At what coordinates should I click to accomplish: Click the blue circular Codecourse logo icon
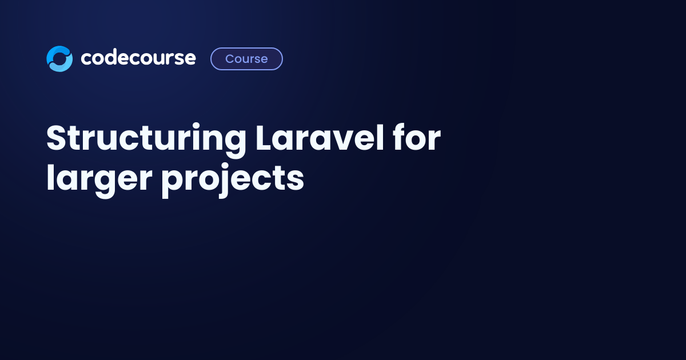coord(59,59)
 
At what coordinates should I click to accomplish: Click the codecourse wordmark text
coord(138,58)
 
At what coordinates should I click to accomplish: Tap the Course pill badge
coord(246,59)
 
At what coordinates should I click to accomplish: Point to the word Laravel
coord(320,138)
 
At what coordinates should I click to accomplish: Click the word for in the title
coord(417,138)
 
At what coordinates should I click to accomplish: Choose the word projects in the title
coord(233,181)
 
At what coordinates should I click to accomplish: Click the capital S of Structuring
coord(57,138)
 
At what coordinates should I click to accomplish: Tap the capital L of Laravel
coord(265,138)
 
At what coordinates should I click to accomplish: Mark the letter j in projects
coord(224,181)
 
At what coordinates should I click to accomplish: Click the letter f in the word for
coord(401,138)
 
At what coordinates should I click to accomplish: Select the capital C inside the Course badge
coord(230,59)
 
